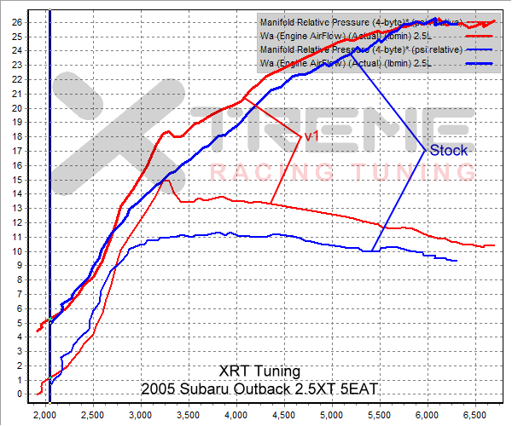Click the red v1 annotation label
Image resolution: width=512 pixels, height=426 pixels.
pyautogui.click(x=311, y=135)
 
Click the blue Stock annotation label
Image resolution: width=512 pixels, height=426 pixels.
pyautogui.click(x=448, y=151)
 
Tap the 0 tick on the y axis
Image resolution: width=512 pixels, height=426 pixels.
pyautogui.click(x=19, y=394)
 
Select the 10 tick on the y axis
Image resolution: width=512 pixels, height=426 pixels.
pyautogui.click(x=15, y=251)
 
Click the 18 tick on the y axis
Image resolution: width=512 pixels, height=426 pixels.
pyautogui.click(x=15, y=136)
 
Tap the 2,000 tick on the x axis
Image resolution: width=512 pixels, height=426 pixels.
pyautogui.click(x=44, y=414)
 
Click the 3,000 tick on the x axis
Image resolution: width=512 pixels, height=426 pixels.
pyautogui.click(x=140, y=414)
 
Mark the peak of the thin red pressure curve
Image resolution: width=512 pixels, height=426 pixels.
pyautogui.click(x=168, y=180)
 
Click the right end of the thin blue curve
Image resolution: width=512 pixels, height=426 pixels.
pyautogui.click(x=457, y=261)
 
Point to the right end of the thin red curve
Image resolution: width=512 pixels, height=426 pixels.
pyautogui.click(x=494, y=245)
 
